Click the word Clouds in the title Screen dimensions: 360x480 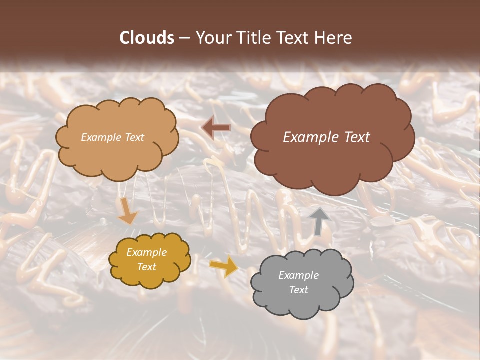[146, 38]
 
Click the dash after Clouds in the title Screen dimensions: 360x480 [184, 38]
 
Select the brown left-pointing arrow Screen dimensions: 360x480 [216, 128]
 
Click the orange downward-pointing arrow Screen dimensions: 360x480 [128, 210]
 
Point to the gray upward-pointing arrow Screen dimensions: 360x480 [318, 220]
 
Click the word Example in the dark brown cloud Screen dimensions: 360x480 [308, 137]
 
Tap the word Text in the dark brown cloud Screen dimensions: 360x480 [356, 137]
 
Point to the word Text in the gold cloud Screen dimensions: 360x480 [147, 267]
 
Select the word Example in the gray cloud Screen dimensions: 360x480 [298, 275]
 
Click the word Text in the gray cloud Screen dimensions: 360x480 [298, 290]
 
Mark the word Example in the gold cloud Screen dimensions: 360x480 [147, 252]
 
